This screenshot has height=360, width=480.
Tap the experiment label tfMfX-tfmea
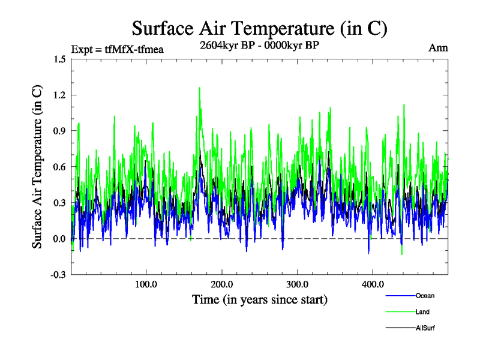coord(117,49)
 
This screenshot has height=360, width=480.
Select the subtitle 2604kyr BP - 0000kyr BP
coord(259,46)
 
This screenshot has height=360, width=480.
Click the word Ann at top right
coord(439,48)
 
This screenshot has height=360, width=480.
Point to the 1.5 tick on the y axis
coord(59,59)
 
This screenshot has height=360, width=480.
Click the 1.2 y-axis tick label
coord(59,95)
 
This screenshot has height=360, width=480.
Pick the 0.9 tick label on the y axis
coord(59,131)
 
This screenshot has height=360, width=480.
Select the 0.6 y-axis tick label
coord(59,167)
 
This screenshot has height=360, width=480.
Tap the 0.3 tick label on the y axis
coord(59,203)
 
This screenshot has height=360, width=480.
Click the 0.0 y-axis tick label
coord(59,239)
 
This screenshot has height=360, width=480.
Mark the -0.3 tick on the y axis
coord(58,275)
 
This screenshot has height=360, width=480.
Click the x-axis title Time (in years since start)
coord(259,299)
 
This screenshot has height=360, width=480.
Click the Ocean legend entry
coord(424,296)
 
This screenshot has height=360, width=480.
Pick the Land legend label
coord(422,312)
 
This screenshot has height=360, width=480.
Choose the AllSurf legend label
coord(424,328)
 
